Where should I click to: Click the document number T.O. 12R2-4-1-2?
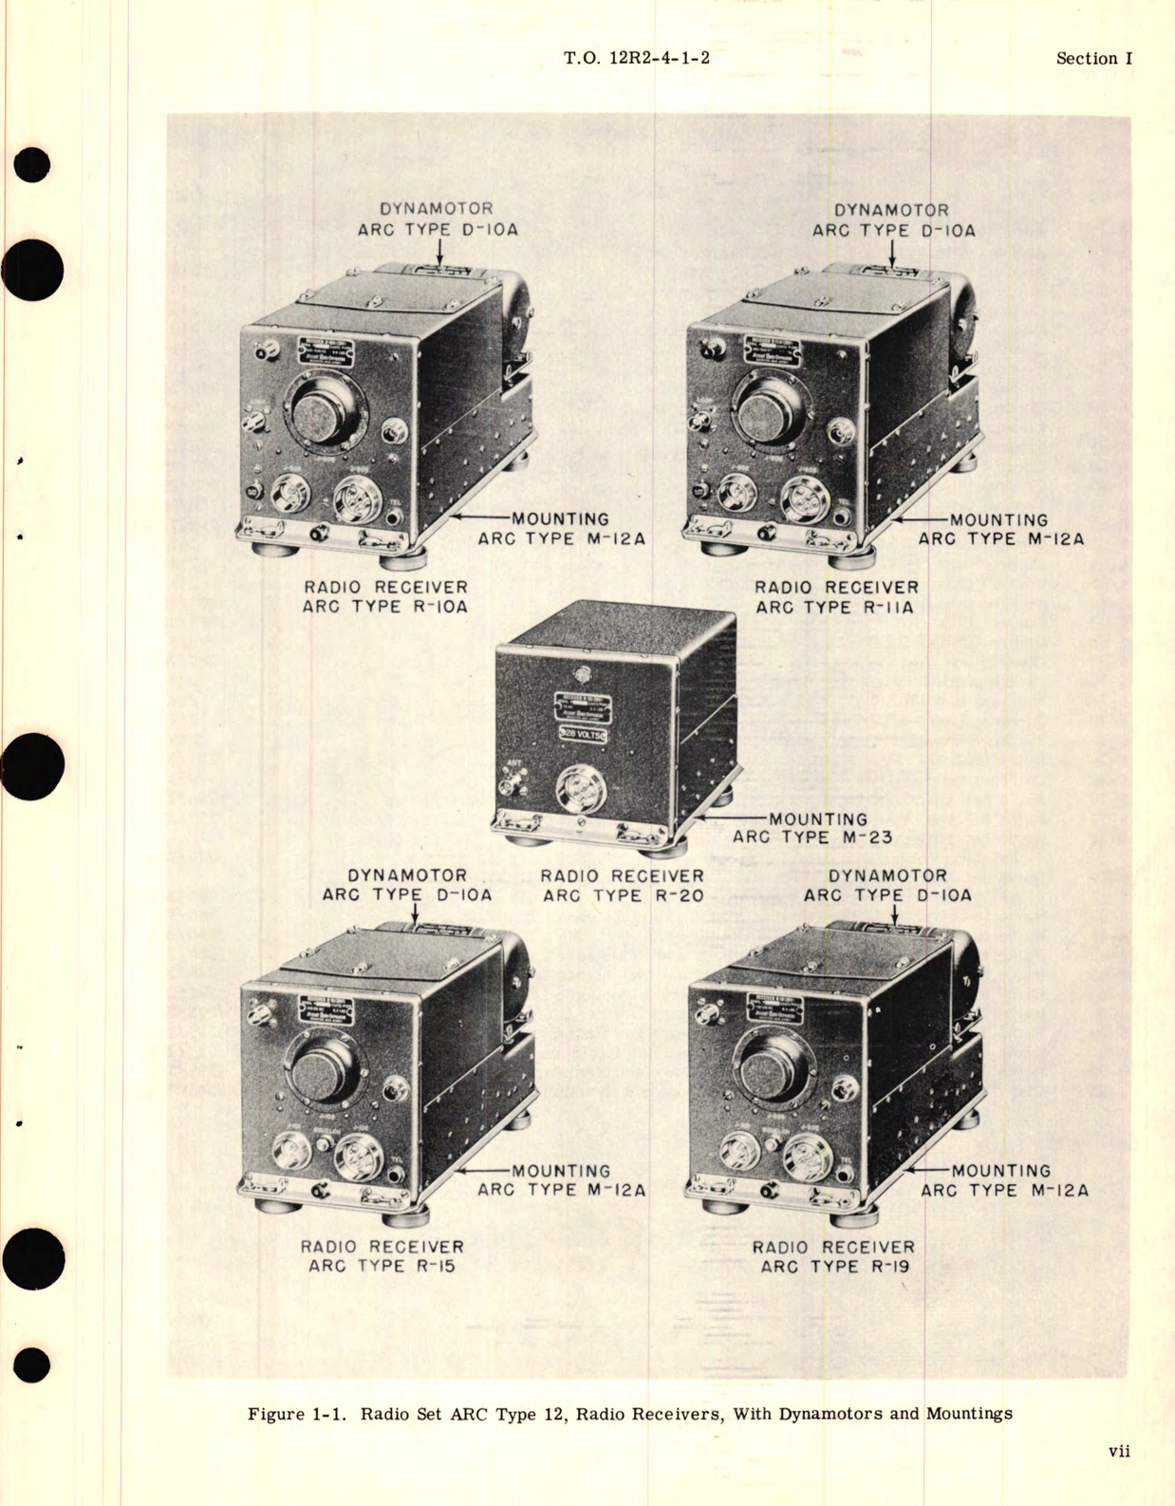636,58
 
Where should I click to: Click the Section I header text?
1093,58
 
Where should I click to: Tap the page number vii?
1118,1451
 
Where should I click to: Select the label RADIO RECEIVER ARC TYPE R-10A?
385,597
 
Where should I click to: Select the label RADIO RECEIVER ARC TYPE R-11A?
836,597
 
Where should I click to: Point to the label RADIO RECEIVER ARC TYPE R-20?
623,885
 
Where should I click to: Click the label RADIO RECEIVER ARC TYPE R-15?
382,1256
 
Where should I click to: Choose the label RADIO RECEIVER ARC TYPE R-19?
833,1256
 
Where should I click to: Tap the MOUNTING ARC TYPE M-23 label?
812,828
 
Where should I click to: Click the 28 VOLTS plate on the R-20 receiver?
582,734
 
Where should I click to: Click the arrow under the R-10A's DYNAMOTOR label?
439,252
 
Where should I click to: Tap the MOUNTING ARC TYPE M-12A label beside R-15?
561,1180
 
